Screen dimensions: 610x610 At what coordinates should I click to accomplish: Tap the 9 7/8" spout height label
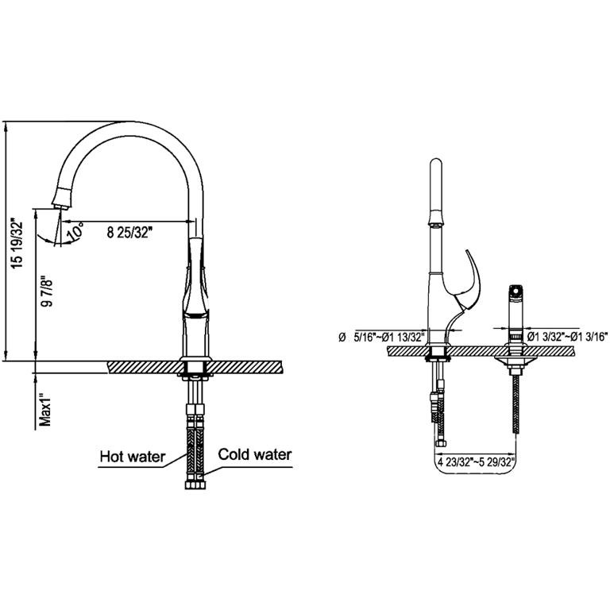point(47,291)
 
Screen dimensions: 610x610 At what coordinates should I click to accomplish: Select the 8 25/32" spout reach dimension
point(129,233)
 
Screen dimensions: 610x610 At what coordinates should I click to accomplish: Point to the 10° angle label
point(75,230)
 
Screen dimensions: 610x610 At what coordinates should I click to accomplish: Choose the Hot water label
point(133,457)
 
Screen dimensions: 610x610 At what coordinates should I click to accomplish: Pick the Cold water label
point(255,454)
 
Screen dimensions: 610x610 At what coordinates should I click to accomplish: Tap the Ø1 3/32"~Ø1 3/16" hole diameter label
point(567,337)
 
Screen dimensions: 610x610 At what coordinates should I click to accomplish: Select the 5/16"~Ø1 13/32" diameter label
point(388,337)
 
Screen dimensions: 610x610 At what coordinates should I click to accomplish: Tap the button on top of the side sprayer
point(515,289)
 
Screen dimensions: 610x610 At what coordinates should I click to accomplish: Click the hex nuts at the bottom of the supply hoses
point(195,485)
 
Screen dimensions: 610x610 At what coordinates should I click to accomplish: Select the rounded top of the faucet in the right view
point(436,163)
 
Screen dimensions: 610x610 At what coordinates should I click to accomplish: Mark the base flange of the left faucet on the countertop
point(195,359)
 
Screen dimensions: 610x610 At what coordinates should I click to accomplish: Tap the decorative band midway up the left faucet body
point(196,314)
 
